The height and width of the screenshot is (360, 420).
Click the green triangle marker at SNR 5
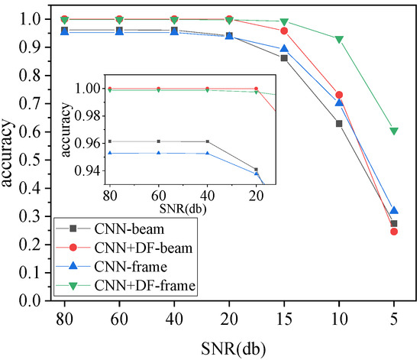click(x=394, y=131)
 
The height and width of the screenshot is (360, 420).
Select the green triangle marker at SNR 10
click(x=339, y=39)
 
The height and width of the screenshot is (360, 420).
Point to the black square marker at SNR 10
click(x=339, y=123)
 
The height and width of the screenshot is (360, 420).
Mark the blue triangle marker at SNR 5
click(x=394, y=210)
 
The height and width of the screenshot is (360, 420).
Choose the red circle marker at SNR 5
click(x=394, y=231)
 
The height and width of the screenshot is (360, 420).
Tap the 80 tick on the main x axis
click(x=64, y=316)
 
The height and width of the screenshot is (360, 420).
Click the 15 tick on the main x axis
click(x=284, y=316)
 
